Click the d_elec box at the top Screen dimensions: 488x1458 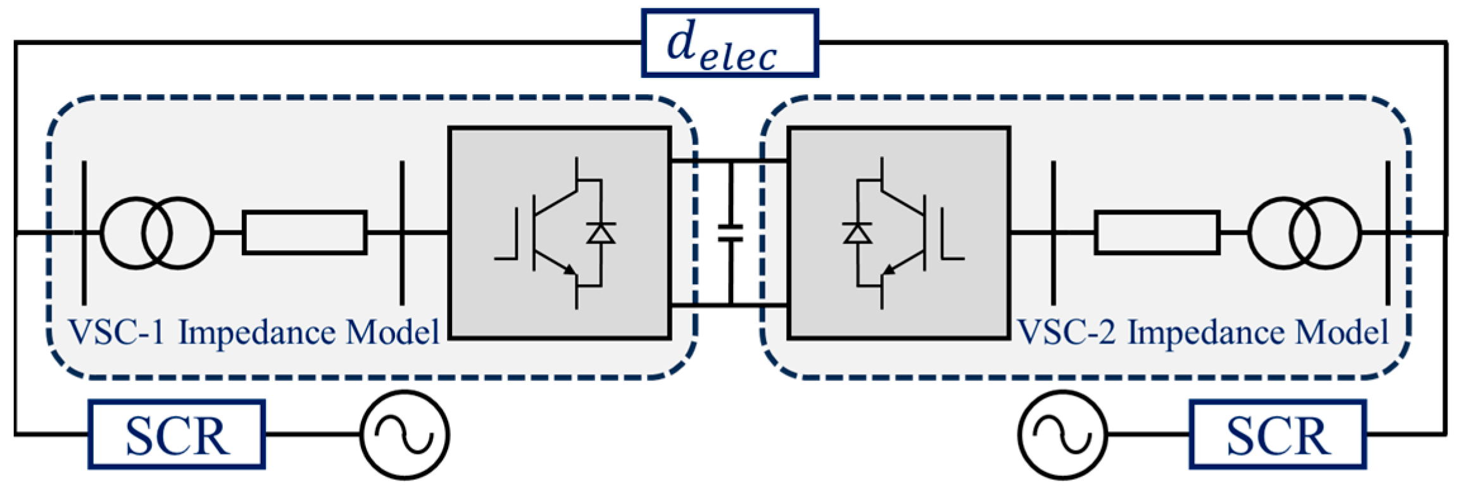click(729, 43)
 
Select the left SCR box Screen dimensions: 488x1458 click(176, 435)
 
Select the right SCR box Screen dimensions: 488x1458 click(1278, 435)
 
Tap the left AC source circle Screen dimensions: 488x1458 click(405, 435)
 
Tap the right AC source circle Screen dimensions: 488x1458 click(1063, 435)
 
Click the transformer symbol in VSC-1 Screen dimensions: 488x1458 click(157, 233)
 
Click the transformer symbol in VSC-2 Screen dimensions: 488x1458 click(1304, 233)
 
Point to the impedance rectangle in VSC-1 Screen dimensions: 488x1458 click(305, 233)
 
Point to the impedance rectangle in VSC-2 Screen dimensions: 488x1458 click(1157, 233)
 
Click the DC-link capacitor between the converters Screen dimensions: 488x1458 click(730, 233)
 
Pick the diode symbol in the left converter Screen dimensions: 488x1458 click(600, 234)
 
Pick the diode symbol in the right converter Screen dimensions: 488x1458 click(857, 234)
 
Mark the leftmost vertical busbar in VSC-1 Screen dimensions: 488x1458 click(84, 233)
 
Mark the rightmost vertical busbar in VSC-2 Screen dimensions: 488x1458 click(1388, 233)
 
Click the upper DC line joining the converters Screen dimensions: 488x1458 click(728, 161)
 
